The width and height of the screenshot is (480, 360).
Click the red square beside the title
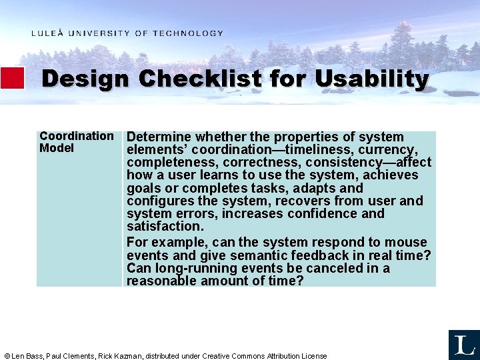click(x=12, y=78)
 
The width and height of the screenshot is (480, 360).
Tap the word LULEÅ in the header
click(x=47, y=33)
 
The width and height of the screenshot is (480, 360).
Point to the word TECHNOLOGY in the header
click(x=188, y=33)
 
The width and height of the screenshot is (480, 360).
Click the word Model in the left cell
click(x=57, y=148)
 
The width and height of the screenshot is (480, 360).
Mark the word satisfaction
click(x=165, y=227)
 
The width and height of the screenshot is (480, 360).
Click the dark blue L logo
click(x=464, y=345)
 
